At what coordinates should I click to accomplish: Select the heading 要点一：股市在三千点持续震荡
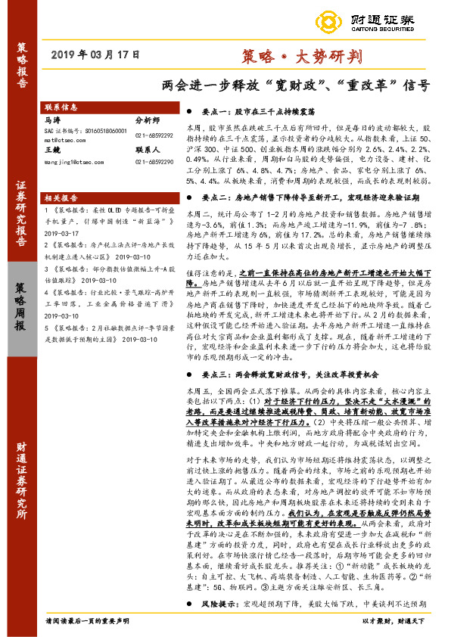click(256, 110)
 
